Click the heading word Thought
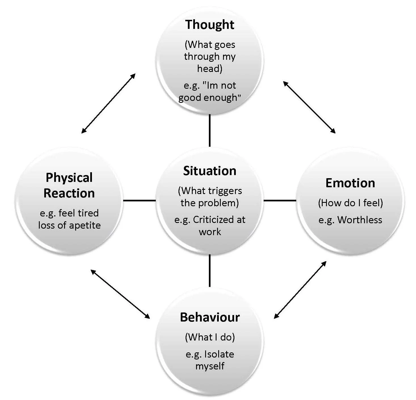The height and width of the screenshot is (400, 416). (x=209, y=25)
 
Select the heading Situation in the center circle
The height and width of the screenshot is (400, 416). (x=209, y=171)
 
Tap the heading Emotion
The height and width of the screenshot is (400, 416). (x=350, y=183)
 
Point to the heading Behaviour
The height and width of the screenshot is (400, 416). (x=210, y=317)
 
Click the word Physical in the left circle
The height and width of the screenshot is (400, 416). (x=69, y=178)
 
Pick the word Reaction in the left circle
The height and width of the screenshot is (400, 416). (x=69, y=193)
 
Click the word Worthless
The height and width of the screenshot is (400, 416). (x=360, y=220)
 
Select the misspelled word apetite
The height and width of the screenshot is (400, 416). (x=85, y=225)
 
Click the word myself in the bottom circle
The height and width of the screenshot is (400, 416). (x=210, y=366)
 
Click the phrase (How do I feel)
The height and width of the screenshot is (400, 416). (x=350, y=203)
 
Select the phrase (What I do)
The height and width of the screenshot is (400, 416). (x=210, y=337)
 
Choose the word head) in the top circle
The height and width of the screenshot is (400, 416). (x=209, y=69)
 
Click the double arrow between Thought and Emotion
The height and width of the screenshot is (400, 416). (x=309, y=107)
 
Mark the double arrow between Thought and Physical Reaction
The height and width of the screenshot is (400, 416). (x=108, y=103)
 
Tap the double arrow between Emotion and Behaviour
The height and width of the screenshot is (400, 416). (x=300, y=290)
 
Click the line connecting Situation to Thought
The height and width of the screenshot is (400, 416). (x=209, y=130)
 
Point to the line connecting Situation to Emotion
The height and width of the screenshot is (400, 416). (x=280, y=201)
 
